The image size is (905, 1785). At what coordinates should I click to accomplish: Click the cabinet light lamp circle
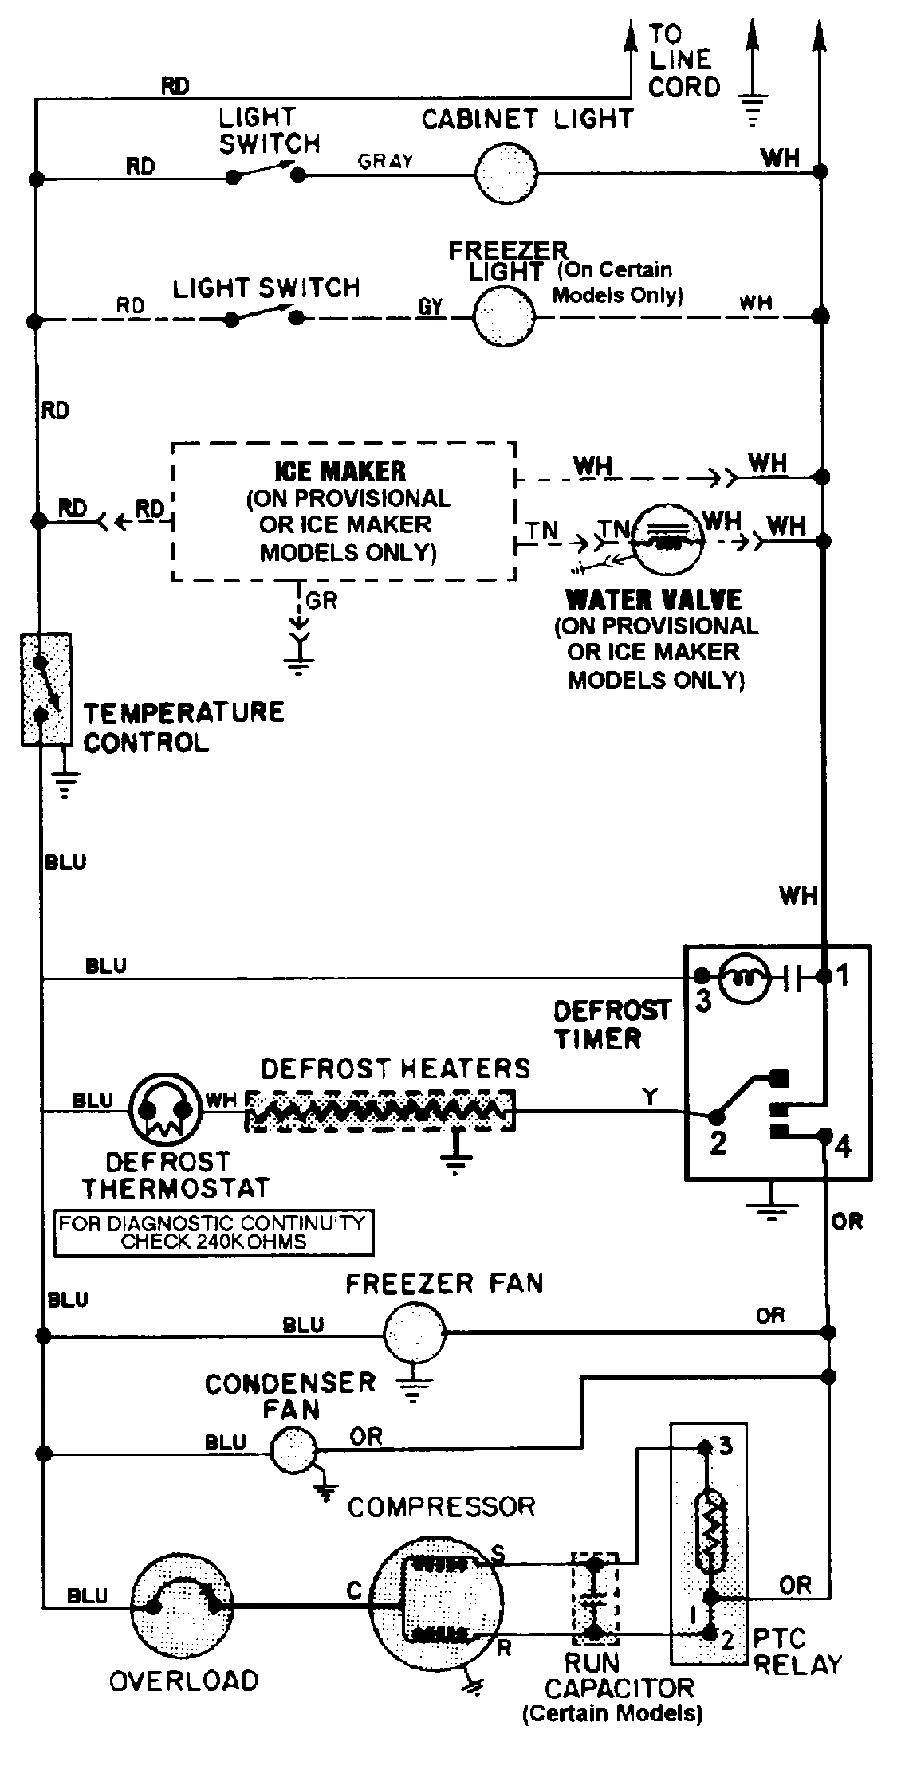tap(506, 171)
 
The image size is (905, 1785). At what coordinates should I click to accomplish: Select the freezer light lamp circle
tap(504, 316)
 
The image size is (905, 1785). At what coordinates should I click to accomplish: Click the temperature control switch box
tap(45, 690)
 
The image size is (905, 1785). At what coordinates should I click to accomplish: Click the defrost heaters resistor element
tap(380, 1110)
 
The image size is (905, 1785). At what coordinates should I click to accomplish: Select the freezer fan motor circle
tap(414, 1332)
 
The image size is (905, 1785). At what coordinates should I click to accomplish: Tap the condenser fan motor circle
tap(293, 1450)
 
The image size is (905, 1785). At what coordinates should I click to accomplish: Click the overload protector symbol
tap(183, 1606)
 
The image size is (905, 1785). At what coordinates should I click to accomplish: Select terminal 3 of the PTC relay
tap(704, 1446)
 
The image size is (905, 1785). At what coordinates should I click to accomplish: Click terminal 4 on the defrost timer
tap(827, 1136)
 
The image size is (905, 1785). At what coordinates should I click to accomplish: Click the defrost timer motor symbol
tap(745, 977)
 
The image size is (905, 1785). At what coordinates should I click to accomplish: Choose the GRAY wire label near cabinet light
tap(385, 162)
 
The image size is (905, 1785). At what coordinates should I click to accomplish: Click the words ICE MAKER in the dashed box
tap(340, 472)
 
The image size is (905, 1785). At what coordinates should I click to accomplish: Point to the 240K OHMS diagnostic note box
tap(213, 1233)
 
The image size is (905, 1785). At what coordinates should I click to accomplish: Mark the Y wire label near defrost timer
tap(651, 1096)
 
